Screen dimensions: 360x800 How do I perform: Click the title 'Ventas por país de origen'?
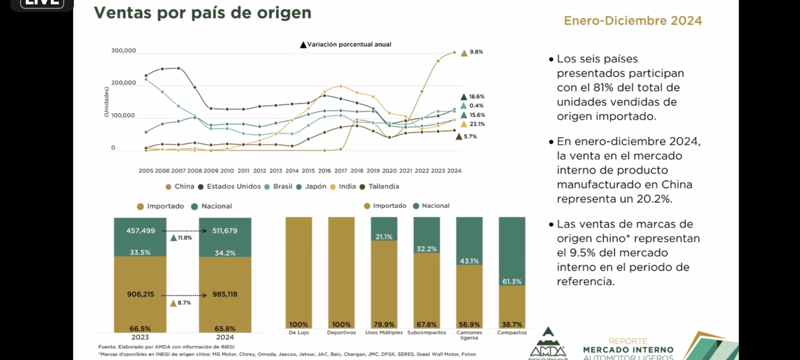click(202, 13)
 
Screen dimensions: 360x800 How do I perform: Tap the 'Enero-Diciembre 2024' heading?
click(633, 21)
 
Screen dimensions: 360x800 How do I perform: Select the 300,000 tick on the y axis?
click(123, 51)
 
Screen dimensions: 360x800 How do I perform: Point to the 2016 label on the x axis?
click(324, 171)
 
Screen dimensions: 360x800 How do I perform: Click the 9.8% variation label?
click(476, 52)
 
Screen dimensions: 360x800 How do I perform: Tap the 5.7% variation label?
click(470, 137)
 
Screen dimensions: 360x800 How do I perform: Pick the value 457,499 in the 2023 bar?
click(140, 231)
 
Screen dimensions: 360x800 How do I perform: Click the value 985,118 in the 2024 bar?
click(225, 294)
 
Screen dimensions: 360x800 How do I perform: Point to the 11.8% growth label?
click(184, 238)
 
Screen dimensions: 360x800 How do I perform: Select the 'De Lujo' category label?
click(299, 333)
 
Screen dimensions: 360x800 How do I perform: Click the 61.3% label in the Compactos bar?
click(512, 282)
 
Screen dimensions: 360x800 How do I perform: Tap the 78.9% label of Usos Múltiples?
click(384, 325)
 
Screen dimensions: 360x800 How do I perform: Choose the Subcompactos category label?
click(426, 333)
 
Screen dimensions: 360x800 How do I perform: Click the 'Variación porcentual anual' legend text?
click(349, 45)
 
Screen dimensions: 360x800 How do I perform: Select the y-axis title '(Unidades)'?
click(106, 102)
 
